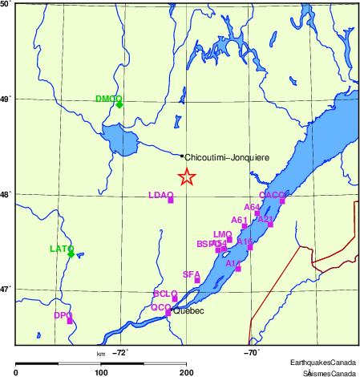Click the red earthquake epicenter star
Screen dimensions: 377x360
(x=186, y=177)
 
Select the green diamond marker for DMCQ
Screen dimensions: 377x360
(x=119, y=104)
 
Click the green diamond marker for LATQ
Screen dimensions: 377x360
(x=71, y=254)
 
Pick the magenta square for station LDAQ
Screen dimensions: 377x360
(x=171, y=200)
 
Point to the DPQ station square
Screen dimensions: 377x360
(x=70, y=321)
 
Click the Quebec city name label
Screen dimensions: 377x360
(x=190, y=310)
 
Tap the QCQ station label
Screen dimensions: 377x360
(x=160, y=306)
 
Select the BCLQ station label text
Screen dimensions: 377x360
(x=164, y=294)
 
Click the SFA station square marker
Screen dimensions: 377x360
(x=197, y=280)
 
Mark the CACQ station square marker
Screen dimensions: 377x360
(x=282, y=201)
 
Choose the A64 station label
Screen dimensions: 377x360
(x=252, y=207)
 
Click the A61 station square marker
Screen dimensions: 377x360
(x=245, y=226)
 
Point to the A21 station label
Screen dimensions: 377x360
(x=265, y=219)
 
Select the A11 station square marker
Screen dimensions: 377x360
(x=238, y=269)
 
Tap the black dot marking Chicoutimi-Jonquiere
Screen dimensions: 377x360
(x=182, y=156)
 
